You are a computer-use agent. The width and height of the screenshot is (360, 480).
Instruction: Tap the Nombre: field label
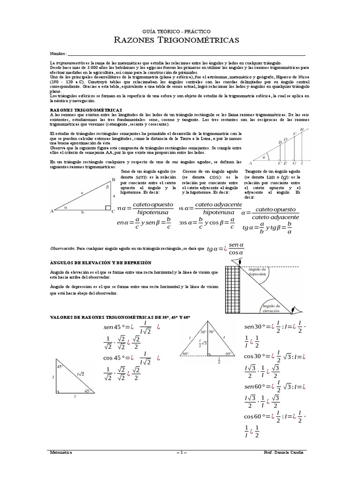(x=59, y=54)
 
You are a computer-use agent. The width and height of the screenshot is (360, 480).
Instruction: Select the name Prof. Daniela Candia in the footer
(x=284, y=453)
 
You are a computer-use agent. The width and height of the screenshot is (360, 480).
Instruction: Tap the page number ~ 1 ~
(x=181, y=453)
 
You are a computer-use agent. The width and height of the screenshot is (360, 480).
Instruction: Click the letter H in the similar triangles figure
(x=302, y=129)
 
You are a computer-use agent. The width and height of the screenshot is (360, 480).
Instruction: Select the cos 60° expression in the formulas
(x=255, y=416)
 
